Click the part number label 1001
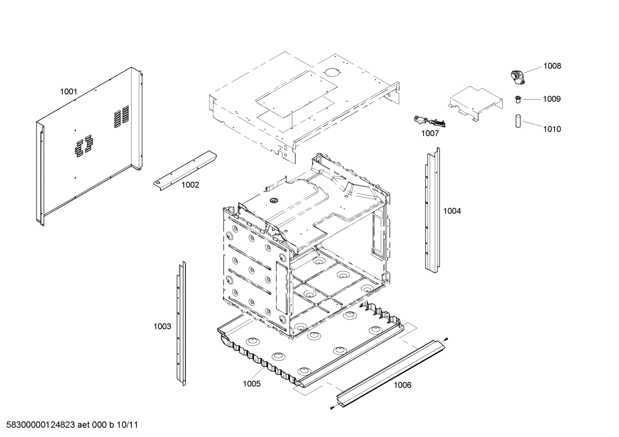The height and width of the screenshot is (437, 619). pos(68,91)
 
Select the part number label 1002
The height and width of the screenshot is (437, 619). pos(190,185)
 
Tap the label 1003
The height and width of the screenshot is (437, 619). pos(162,326)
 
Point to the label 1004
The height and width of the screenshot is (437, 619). pos(452,211)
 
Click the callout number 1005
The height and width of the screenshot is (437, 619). pos(252,383)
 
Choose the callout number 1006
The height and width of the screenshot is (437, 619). pos(402,385)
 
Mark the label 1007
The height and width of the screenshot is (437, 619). pos(430,133)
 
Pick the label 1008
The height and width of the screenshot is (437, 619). pos(552,66)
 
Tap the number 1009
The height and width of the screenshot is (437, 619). pos(552,99)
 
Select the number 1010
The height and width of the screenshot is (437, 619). pos(552,129)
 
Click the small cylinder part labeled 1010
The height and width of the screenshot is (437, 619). pos(518,121)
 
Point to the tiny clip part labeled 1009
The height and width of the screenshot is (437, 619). pos(518,99)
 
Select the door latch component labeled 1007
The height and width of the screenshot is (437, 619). pos(428,121)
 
